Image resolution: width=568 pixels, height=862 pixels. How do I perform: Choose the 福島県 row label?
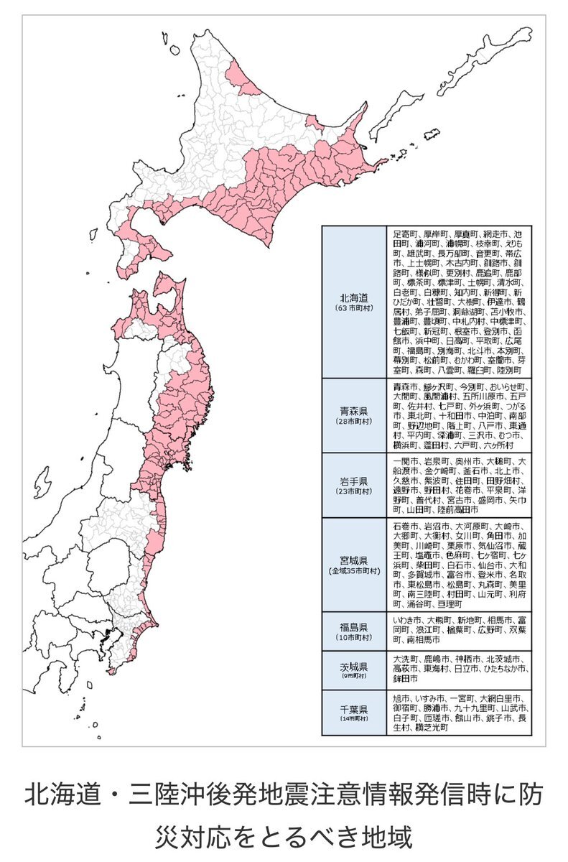coord(354,626)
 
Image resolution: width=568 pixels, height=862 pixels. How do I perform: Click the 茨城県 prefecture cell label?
coord(354,665)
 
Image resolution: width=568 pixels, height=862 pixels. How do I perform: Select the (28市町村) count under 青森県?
coord(354,422)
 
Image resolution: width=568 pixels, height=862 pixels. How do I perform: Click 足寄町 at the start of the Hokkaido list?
coord(406,234)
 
